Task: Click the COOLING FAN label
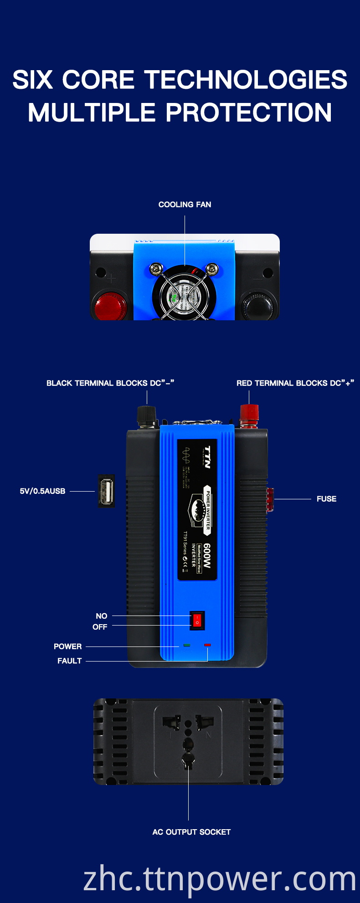185,205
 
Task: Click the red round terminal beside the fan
110,306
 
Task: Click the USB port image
106,491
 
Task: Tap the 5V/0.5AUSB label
42,491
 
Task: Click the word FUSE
326,499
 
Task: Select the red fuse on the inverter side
270,499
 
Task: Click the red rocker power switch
197,621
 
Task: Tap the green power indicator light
187,645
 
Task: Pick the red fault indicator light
208,645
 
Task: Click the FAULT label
69,661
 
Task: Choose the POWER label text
67,646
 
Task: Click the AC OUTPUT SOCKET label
191,832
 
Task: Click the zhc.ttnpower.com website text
220,879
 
